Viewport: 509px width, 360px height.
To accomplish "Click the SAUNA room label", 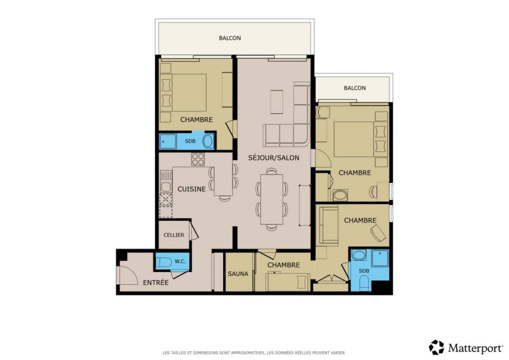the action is tap(238, 274).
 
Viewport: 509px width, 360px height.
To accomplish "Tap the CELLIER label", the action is tap(174, 235).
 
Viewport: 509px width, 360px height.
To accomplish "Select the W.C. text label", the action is tap(180, 261).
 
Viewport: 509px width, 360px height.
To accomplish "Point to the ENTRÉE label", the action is tap(156, 283).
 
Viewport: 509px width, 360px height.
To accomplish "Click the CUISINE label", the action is tap(191, 189).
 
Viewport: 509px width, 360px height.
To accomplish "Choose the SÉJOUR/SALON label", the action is tap(273, 158).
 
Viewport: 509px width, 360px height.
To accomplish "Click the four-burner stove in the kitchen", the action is tap(198, 159).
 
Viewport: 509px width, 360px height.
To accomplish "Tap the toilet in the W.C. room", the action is tap(164, 262).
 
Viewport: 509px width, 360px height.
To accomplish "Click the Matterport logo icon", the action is tap(437, 347).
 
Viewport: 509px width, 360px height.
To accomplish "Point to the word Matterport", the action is tap(475, 349).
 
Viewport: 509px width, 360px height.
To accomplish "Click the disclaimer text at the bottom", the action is tap(254, 352).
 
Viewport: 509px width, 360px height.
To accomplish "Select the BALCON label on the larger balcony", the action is tap(230, 38).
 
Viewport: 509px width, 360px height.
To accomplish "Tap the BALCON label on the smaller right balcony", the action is tap(355, 88).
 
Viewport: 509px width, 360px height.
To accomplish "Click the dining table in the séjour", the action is tap(272, 199).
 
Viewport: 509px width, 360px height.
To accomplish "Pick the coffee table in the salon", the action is tap(277, 102).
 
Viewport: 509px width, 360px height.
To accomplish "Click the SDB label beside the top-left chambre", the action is tap(190, 142).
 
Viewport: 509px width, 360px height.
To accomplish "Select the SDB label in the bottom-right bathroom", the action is tap(364, 271).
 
